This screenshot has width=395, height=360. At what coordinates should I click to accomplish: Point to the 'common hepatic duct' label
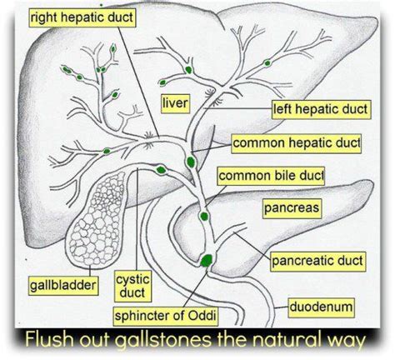(x=296, y=143)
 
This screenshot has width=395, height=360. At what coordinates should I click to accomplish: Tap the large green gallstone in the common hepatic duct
(x=192, y=160)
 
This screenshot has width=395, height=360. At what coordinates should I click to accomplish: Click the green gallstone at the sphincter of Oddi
(x=204, y=260)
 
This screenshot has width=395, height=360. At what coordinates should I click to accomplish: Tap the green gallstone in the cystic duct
(x=160, y=170)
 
